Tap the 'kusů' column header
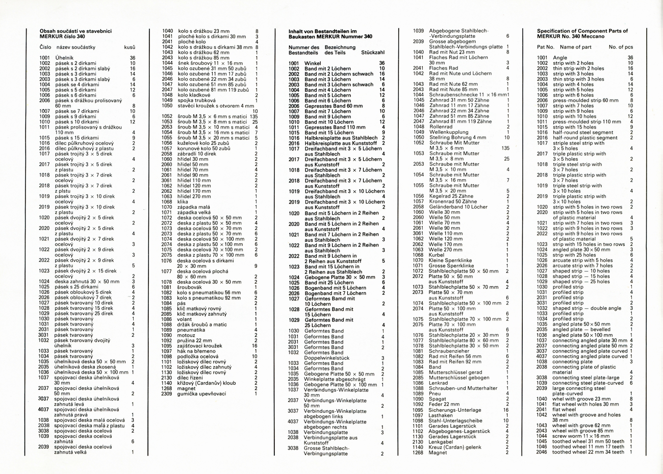(130, 47)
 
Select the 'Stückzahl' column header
(373, 53)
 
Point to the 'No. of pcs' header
(621, 47)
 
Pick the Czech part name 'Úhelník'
(64, 58)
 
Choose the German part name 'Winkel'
(313, 63)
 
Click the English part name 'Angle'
(559, 58)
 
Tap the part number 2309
(167, 393)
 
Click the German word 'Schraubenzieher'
(450, 351)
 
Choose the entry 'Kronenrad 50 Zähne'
(451, 202)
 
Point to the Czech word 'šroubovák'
(188, 287)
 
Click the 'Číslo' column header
(45, 47)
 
